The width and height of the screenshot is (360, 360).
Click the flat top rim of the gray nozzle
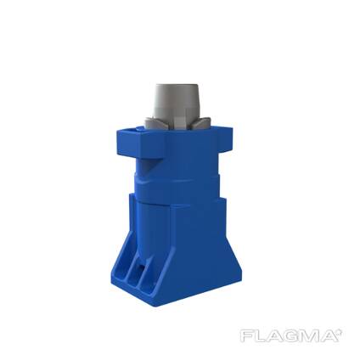coord(177,86)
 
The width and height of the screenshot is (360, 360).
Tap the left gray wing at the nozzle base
coord(151,121)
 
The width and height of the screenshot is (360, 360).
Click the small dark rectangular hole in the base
coord(142,267)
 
